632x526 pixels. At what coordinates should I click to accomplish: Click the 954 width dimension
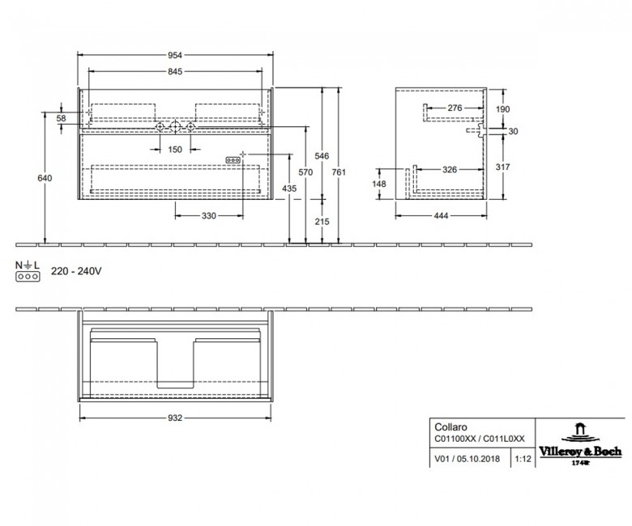(x=175, y=55)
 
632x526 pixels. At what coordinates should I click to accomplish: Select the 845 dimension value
(x=175, y=72)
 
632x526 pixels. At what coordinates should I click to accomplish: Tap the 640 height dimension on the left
(x=45, y=178)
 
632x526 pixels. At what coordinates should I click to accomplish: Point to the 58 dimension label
(x=62, y=118)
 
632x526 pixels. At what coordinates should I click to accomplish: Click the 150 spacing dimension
(x=175, y=150)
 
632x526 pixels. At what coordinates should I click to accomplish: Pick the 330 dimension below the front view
(x=209, y=216)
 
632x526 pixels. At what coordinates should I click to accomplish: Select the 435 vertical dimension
(x=289, y=189)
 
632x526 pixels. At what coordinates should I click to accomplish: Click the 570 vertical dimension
(x=305, y=172)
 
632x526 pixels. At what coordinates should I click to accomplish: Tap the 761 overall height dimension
(x=339, y=172)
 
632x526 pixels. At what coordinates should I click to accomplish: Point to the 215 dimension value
(x=322, y=222)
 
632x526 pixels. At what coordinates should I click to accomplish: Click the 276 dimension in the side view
(x=455, y=108)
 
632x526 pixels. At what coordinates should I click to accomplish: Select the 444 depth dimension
(x=441, y=216)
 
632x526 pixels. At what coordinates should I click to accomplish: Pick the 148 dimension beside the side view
(x=379, y=184)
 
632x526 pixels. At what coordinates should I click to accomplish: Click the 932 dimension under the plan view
(x=175, y=418)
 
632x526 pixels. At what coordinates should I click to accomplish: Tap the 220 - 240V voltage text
(x=76, y=271)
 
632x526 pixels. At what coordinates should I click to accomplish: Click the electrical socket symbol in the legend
(x=28, y=277)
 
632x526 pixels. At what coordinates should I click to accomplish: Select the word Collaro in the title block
(x=451, y=427)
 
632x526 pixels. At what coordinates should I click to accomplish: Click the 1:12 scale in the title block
(x=523, y=459)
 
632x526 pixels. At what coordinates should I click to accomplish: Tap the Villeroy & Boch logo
(x=580, y=444)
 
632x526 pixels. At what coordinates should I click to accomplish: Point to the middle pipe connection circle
(x=175, y=127)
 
